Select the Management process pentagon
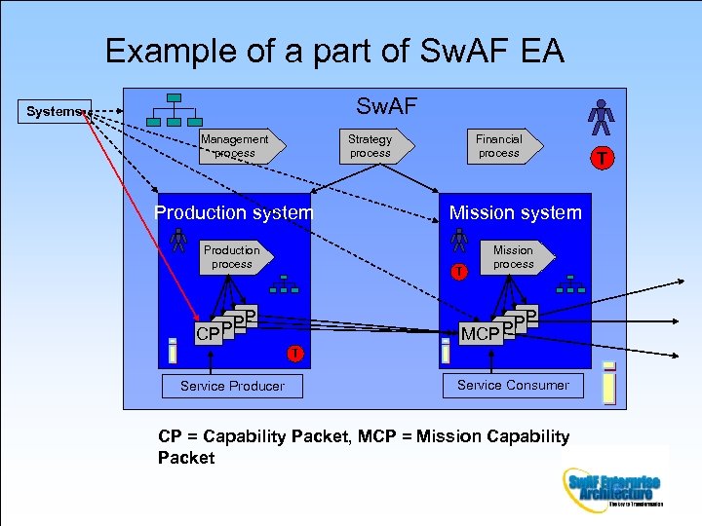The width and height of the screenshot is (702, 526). tap(236, 146)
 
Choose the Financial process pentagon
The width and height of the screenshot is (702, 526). tap(501, 146)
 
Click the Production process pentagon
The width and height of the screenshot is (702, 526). tap(234, 257)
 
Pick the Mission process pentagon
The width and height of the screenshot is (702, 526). tap(516, 257)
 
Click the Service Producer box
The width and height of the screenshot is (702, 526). tap(232, 387)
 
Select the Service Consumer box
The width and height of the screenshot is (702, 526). tap(513, 385)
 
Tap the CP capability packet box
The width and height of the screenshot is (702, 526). tap(208, 334)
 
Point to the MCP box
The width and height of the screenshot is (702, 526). tap(480, 334)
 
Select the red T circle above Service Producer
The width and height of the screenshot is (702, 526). tap(293, 353)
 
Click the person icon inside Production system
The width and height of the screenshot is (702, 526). tap(178, 240)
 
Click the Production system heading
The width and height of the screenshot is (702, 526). tap(234, 212)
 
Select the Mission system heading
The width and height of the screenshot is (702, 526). tap(515, 212)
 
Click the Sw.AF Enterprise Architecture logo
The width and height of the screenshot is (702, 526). tap(612, 486)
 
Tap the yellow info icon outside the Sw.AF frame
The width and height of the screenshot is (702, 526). tap(609, 383)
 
